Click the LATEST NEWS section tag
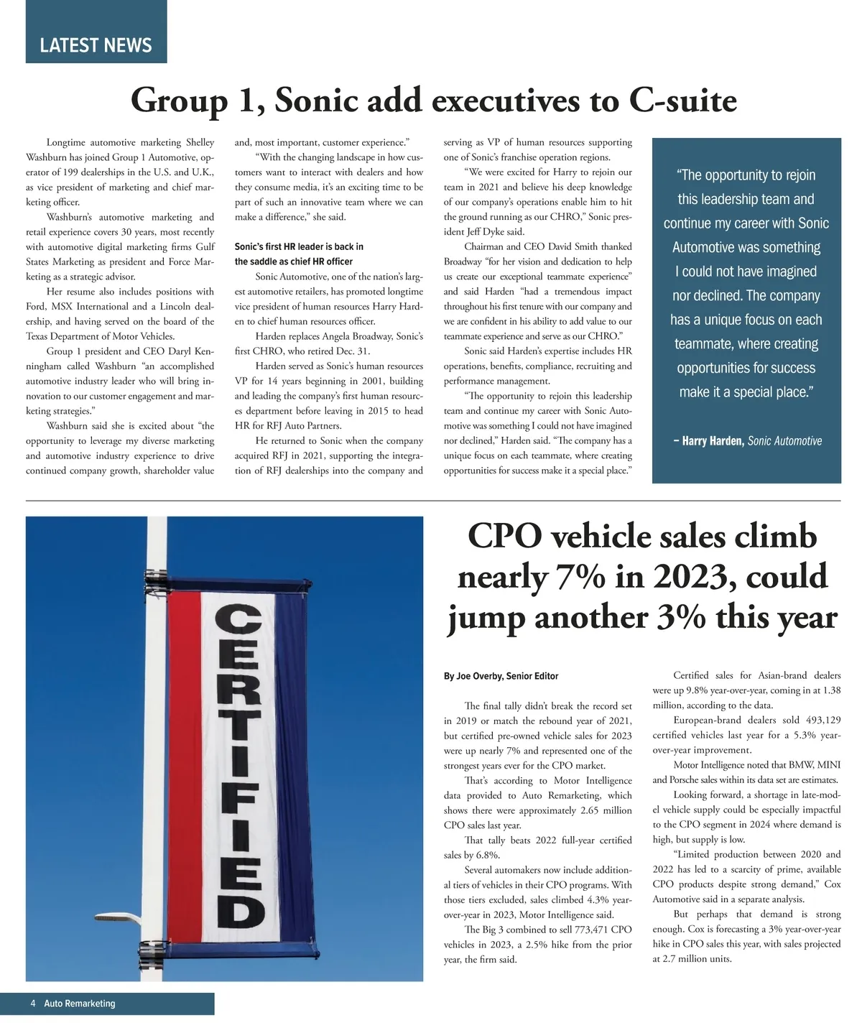click(96, 45)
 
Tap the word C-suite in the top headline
click(682, 100)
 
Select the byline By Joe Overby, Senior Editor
click(501, 676)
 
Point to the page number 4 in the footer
click(33, 1004)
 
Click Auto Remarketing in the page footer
click(79, 1004)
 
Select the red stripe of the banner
click(183, 761)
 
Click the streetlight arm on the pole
click(115, 914)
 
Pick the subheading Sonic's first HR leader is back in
click(299, 246)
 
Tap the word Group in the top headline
click(179, 100)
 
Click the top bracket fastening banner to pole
click(156, 578)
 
